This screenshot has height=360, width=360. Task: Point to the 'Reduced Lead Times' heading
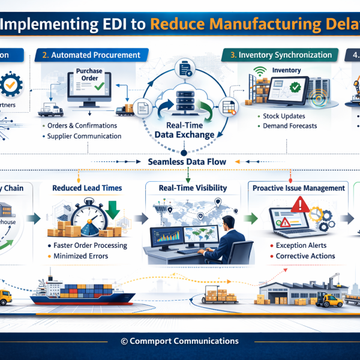[x=88, y=188]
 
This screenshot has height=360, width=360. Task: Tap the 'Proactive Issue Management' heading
[x=298, y=188]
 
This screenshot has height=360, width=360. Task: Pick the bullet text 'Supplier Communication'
[x=85, y=136]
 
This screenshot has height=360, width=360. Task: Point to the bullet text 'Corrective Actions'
[x=305, y=256]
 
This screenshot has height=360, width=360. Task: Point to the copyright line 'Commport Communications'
[x=180, y=341]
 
